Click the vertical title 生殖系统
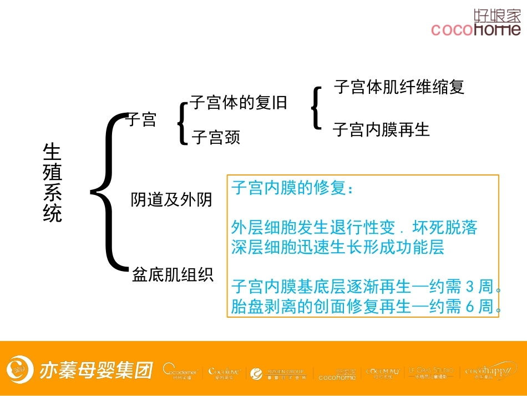click(x=53, y=183)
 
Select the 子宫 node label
click(x=142, y=119)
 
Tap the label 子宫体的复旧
click(x=239, y=103)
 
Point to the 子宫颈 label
click(x=216, y=137)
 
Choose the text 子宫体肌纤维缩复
click(x=399, y=87)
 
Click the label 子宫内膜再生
click(x=381, y=130)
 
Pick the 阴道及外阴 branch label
click(x=171, y=200)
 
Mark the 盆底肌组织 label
click(x=173, y=274)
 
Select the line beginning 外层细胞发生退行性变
click(x=354, y=228)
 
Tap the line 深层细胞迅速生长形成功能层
click(x=337, y=247)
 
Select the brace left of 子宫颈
click(x=183, y=123)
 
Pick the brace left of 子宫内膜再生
click(x=316, y=108)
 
